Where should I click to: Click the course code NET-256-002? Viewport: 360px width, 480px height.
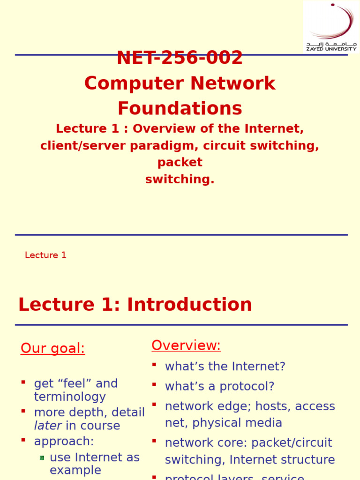click(x=180, y=59)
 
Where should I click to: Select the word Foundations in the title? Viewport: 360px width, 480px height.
click(x=180, y=109)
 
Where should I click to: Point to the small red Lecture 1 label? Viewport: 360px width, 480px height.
click(x=45, y=255)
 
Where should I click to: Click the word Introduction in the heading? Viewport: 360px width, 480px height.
click(x=189, y=305)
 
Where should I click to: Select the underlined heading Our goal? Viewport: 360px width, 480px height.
click(x=53, y=349)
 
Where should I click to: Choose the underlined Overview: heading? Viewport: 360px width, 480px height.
click(x=186, y=346)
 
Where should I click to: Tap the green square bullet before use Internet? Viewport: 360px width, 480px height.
click(x=42, y=457)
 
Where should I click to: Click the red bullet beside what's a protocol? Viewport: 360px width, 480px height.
click(x=154, y=384)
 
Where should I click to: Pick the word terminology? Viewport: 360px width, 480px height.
click(x=70, y=397)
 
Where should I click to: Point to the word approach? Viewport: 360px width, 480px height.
click(x=64, y=442)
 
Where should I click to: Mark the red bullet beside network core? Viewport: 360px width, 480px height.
click(x=154, y=441)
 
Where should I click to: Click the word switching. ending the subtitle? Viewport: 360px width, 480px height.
click(x=180, y=180)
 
